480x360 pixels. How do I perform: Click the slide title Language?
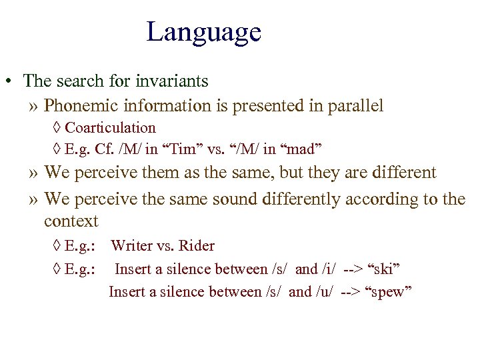point(203,32)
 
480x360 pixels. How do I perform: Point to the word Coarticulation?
point(110,127)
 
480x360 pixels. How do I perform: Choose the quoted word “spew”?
point(391,292)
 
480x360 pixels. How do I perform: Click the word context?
point(71,221)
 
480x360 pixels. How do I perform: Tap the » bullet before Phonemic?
point(34,106)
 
